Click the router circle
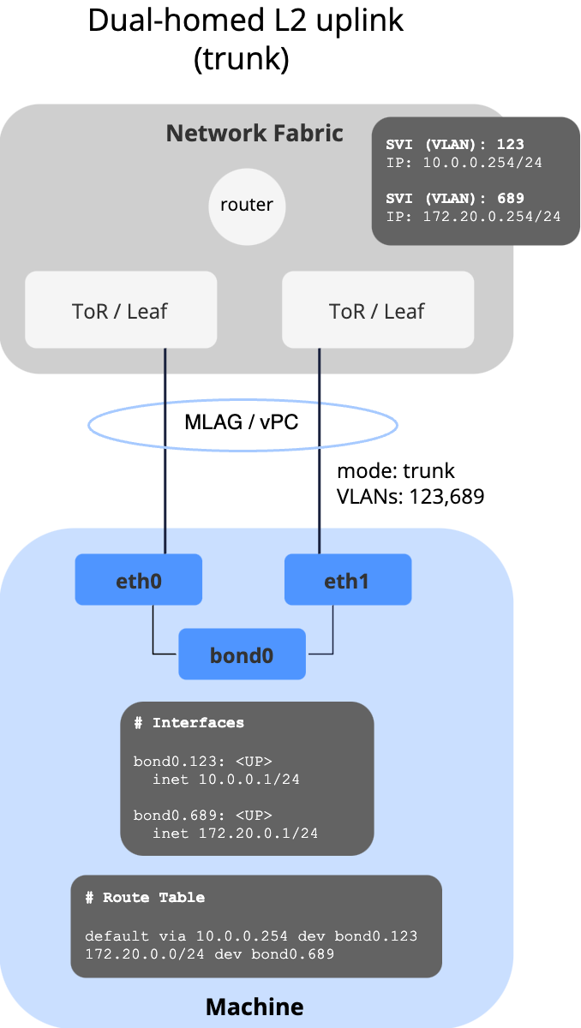click(247, 206)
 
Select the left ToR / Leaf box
click(121, 310)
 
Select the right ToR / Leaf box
click(378, 310)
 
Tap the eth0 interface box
click(139, 580)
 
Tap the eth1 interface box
click(348, 580)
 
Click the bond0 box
click(242, 654)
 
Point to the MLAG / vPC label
click(243, 422)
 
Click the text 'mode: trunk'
click(396, 470)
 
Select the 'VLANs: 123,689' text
click(410, 495)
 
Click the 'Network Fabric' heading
click(255, 134)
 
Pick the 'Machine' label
click(255, 1006)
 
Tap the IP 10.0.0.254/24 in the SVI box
click(476, 162)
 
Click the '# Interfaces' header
click(189, 723)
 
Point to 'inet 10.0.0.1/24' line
click(225, 779)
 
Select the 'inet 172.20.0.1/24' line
click(235, 833)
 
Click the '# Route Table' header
click(145, 898)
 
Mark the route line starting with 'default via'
click(251, 936)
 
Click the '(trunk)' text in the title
click(243, 59)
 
